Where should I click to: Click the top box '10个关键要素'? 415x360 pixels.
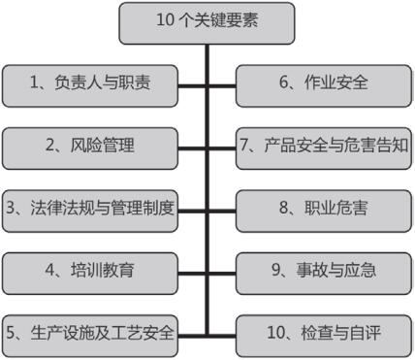[x=207, y=20]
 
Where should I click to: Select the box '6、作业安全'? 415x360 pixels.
[x=324, y=83]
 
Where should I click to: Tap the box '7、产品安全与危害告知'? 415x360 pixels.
[x=324, y=147]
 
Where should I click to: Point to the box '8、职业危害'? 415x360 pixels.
[x=324, y=209]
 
